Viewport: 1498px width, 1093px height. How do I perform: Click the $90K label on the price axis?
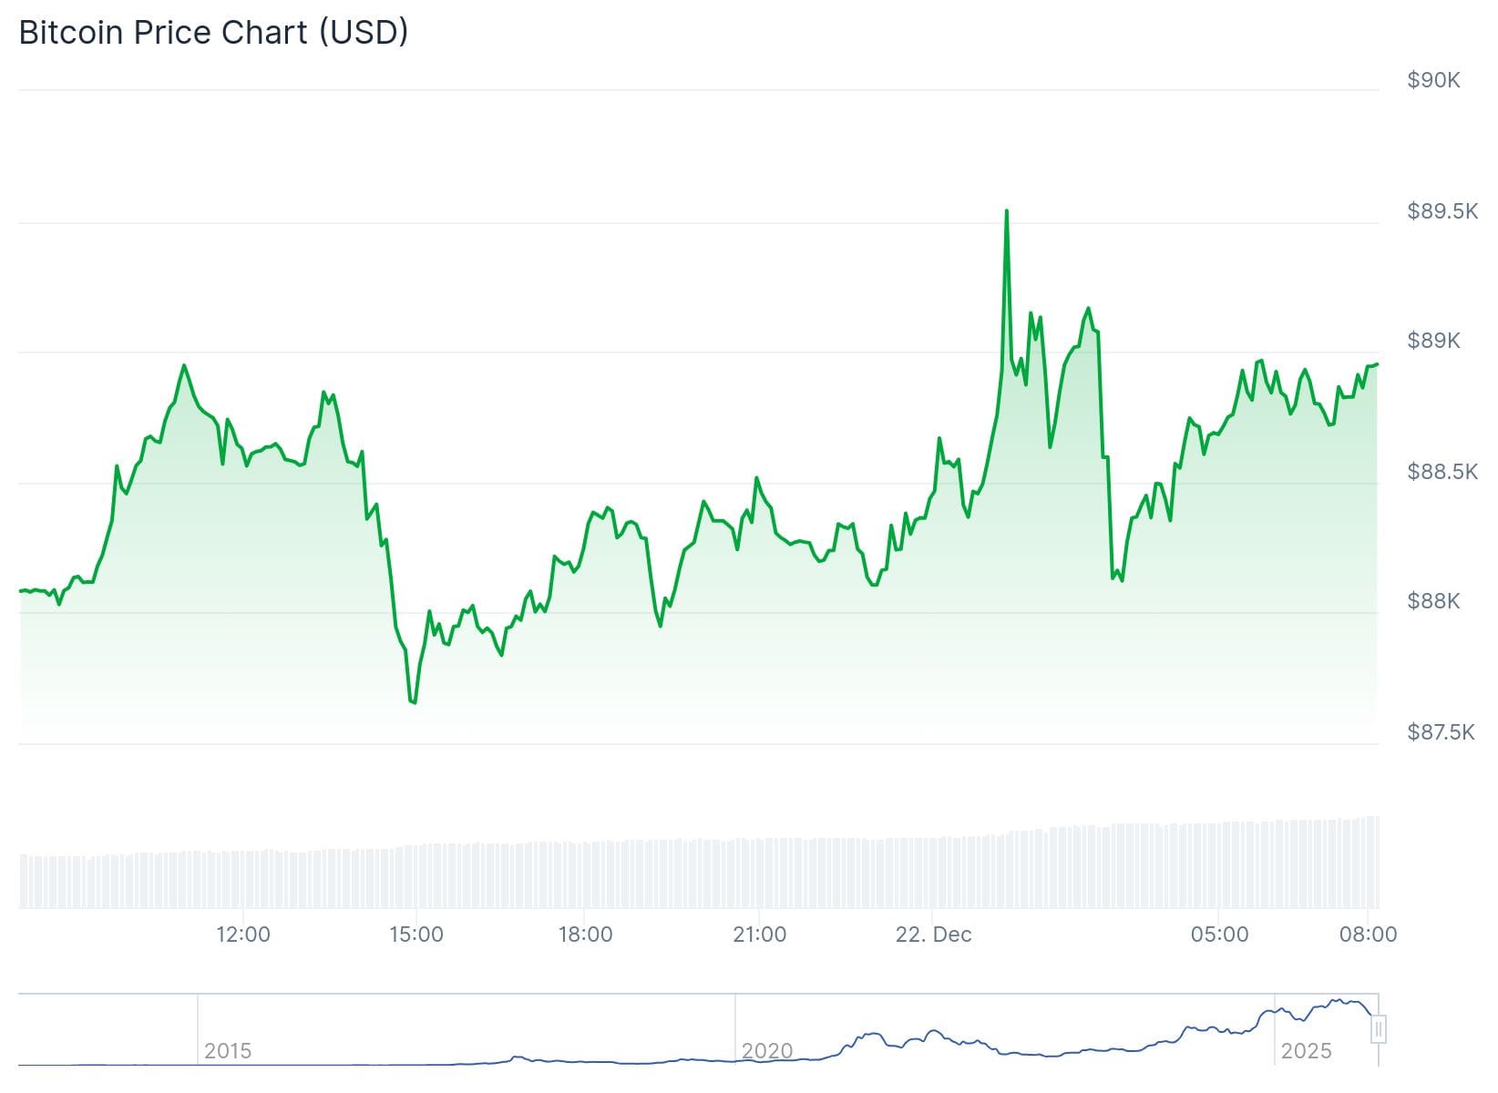(1433, 80)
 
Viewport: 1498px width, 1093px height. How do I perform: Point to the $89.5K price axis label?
(1442, 211)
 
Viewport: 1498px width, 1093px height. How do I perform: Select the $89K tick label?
(1433, 341)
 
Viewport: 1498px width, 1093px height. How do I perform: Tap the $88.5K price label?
(1442, 472)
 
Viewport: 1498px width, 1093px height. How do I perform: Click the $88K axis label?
(1433, 601)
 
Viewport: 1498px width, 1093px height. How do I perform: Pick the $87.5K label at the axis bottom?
(1441, 732)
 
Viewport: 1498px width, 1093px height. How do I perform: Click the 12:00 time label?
(243, 935)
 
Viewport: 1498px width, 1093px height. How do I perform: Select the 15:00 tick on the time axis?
(416, 935)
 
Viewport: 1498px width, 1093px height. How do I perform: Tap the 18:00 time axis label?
(585, 935)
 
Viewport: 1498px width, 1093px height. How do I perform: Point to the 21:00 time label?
(760, 935)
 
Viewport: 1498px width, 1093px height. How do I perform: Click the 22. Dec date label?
(934, 935)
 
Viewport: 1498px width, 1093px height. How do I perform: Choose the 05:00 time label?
(1220, 935)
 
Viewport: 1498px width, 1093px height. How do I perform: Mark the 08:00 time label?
(1369, 935)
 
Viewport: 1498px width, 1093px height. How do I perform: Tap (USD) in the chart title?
(364, 33)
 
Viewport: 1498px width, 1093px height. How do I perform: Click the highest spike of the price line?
(1006, 211)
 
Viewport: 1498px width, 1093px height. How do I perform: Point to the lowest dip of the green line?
(414, 702)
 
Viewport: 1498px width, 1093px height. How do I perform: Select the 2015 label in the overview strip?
(228, 1051)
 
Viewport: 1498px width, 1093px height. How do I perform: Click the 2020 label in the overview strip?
(767, 1051)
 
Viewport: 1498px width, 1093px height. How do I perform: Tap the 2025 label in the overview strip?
(1306, 1051)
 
